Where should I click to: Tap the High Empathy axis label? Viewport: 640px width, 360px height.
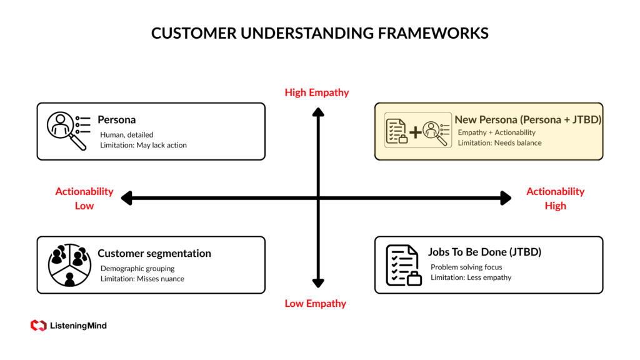317,92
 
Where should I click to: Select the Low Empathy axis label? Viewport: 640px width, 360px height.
316,304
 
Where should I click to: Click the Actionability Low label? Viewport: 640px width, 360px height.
84,199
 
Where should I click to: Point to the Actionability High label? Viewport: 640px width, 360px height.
555,199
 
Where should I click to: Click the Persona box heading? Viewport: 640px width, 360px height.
116,119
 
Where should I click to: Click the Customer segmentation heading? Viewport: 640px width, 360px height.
154,253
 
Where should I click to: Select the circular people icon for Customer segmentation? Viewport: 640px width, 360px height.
69,265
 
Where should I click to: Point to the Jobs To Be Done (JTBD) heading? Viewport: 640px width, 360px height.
484,252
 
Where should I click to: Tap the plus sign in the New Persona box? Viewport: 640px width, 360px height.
415,132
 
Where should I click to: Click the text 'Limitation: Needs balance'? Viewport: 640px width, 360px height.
499,143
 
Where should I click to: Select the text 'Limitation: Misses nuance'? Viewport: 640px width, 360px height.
142,279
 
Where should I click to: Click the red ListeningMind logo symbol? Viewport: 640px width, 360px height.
38,326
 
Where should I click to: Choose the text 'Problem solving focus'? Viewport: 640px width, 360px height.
466,267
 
